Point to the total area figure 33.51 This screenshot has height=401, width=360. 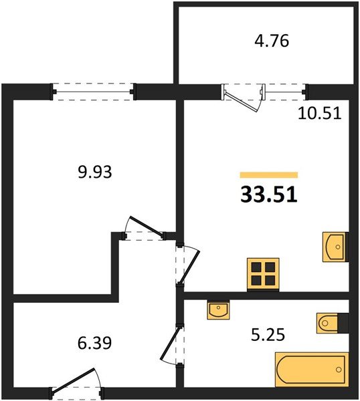click(268, 194)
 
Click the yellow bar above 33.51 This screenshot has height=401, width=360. click(268, 174)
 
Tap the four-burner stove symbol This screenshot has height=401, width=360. click(262, 273)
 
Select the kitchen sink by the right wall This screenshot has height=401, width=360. click(334, 247)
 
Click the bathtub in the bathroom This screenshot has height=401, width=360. click(311, 370)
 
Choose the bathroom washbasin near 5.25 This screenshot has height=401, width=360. click(217, 310)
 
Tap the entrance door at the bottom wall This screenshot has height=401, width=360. click(76, 385)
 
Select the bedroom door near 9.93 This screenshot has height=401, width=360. click(145, 229)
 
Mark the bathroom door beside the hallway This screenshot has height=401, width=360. click(175, 343)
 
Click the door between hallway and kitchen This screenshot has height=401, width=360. click(187, 265)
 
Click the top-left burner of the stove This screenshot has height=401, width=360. click(256, 267)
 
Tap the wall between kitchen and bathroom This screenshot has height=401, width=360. click(268, 295)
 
